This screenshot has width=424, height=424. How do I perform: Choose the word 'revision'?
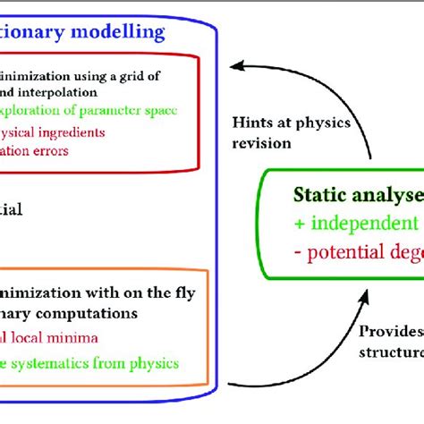[x=295, y=141]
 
